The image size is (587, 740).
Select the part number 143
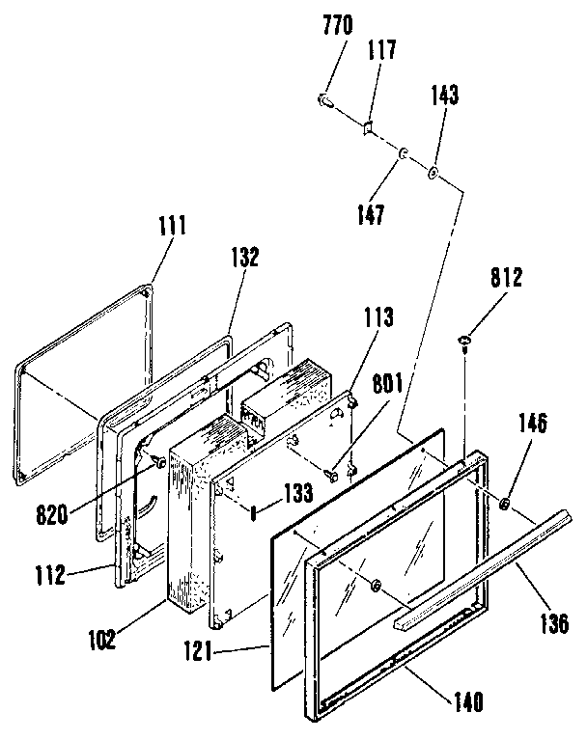[x=446, y=95]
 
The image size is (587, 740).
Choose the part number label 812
[x=505, y=280]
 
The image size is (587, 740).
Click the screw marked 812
[x=464, y=339]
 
